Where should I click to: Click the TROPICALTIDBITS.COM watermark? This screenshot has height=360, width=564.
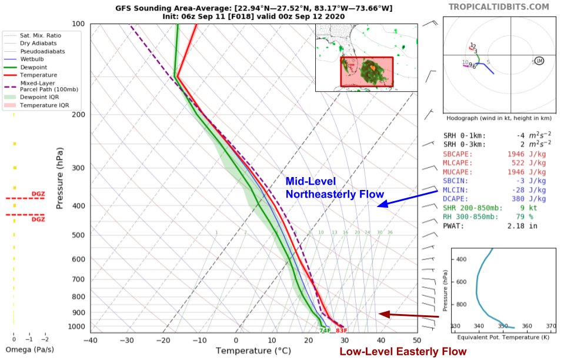pos(499,7)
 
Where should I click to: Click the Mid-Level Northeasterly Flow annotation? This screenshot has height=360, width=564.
pos(334,188)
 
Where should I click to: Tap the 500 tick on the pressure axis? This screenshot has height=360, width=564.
pos(77,235)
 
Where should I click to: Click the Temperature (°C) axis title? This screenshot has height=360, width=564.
pos(253,351)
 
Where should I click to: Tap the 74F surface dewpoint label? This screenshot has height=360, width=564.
pos(324,331)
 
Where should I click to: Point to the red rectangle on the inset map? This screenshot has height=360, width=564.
pos(366,72)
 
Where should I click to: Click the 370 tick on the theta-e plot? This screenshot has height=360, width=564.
pos(551,326)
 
